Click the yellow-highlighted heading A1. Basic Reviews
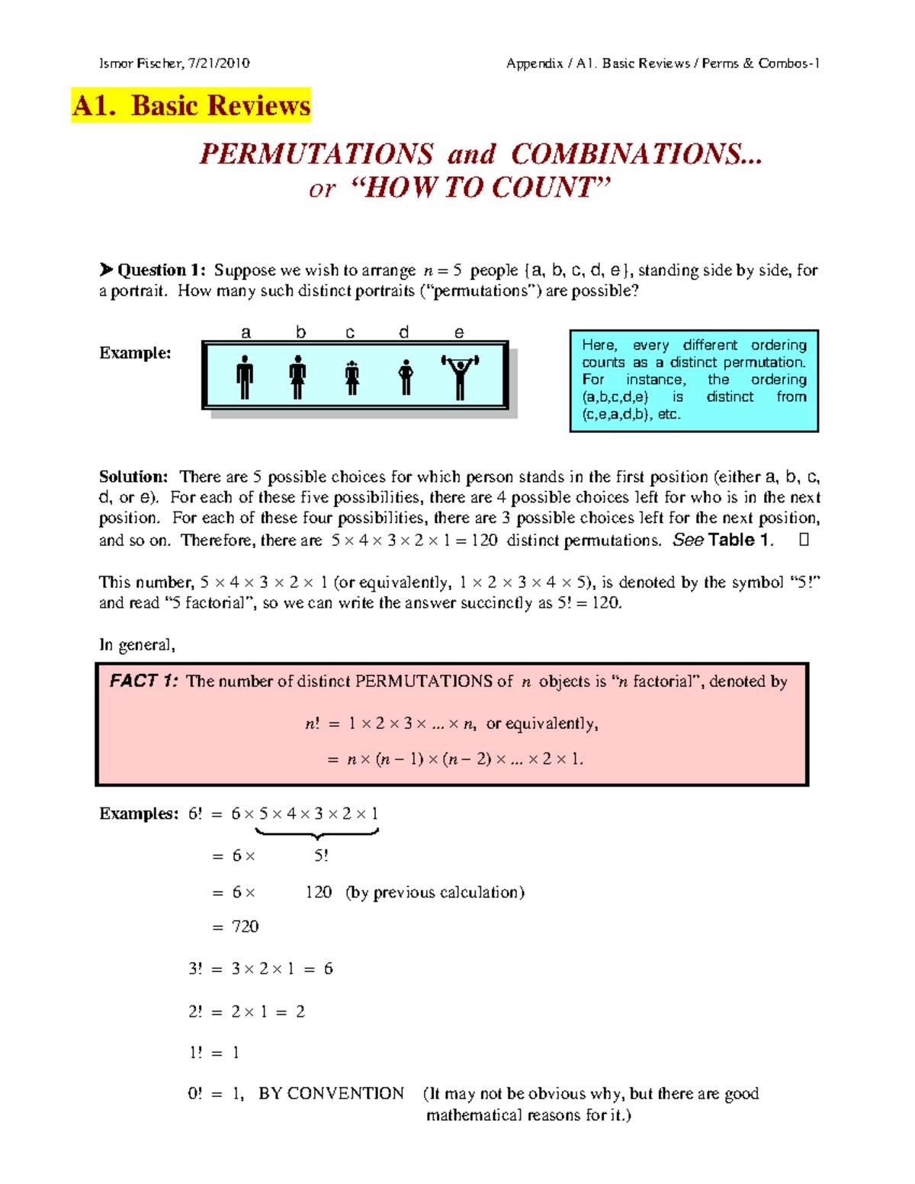[x=191, y=105]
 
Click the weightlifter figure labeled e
[x=460, y=375]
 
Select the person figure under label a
[x=245, y=377]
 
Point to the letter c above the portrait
[x=350, y=332]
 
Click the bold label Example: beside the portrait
[x=135, y=353]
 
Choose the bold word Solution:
[x=133, y=476]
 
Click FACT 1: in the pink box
[x=143, y=681]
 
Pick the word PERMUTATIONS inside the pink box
[x=423, y=681]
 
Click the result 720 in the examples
[x=246, y=926]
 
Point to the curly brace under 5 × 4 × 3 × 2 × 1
[x=316, y=835]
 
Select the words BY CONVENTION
[x=331, y=1093]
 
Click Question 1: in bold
[x=161, y=270]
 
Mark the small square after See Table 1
[x=804, y=540]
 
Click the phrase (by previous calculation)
[x=435, y=892]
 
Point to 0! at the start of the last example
[x=195, y=1093]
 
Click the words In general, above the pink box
[x=137, y=645]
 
